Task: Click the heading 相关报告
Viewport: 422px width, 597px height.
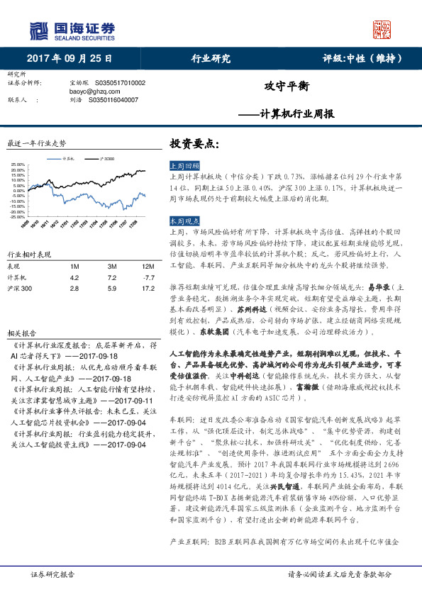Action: tap(18, 312)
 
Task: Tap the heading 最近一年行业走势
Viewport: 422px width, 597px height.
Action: tap(36, 143)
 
